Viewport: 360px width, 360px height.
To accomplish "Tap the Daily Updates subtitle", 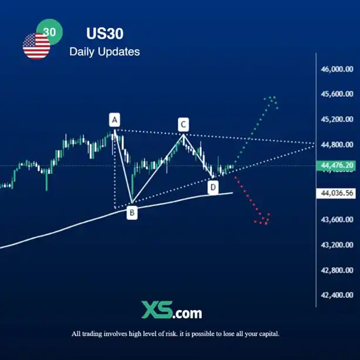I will (104, 52).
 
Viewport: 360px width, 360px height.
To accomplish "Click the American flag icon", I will (36, 46).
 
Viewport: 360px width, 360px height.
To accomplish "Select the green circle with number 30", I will (49, 32).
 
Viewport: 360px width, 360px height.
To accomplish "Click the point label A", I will (115, 120).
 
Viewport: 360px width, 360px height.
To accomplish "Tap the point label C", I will (183, 124).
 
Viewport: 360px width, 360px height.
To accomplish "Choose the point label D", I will (213, 187).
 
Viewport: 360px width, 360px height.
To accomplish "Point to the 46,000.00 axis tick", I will (337, 69).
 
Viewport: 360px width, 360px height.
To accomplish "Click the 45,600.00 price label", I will (337, 94).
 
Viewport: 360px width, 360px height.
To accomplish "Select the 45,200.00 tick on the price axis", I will (337, 119).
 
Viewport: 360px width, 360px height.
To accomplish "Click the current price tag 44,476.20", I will (337, 166).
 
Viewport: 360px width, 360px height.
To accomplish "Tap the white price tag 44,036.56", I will (337, 192).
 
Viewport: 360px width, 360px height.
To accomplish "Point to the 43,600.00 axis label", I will (337, 219).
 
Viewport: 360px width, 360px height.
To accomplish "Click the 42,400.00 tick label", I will (337, 295).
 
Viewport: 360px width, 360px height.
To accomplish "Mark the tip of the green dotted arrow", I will (271, 97).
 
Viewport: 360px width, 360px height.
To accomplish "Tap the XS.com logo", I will (171, 310).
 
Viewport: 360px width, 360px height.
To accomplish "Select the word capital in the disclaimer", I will (266, 334).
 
